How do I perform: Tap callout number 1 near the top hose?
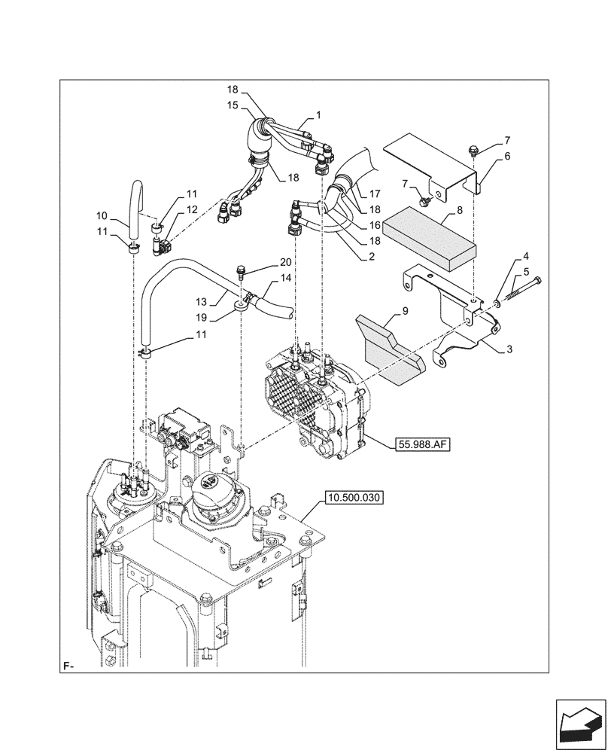point(318,116)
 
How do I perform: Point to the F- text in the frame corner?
point(68,666)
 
